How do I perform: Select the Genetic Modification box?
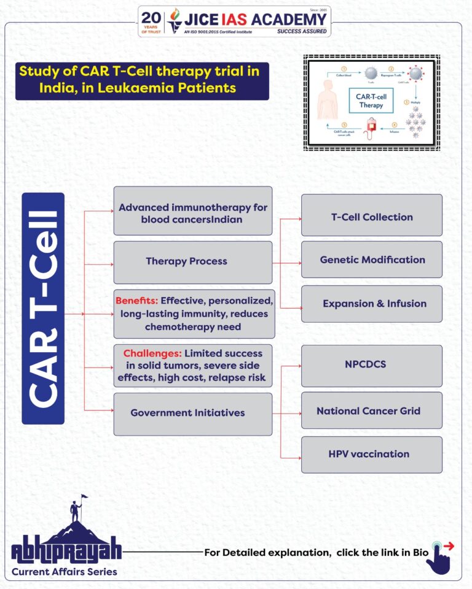click(371, 260)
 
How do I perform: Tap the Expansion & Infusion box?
click(371, 304)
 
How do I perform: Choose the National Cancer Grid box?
click(371, 410)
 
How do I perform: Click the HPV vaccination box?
click(371, 455)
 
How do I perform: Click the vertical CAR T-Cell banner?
click(43, 309)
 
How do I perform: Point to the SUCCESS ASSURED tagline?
click(302, 31)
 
